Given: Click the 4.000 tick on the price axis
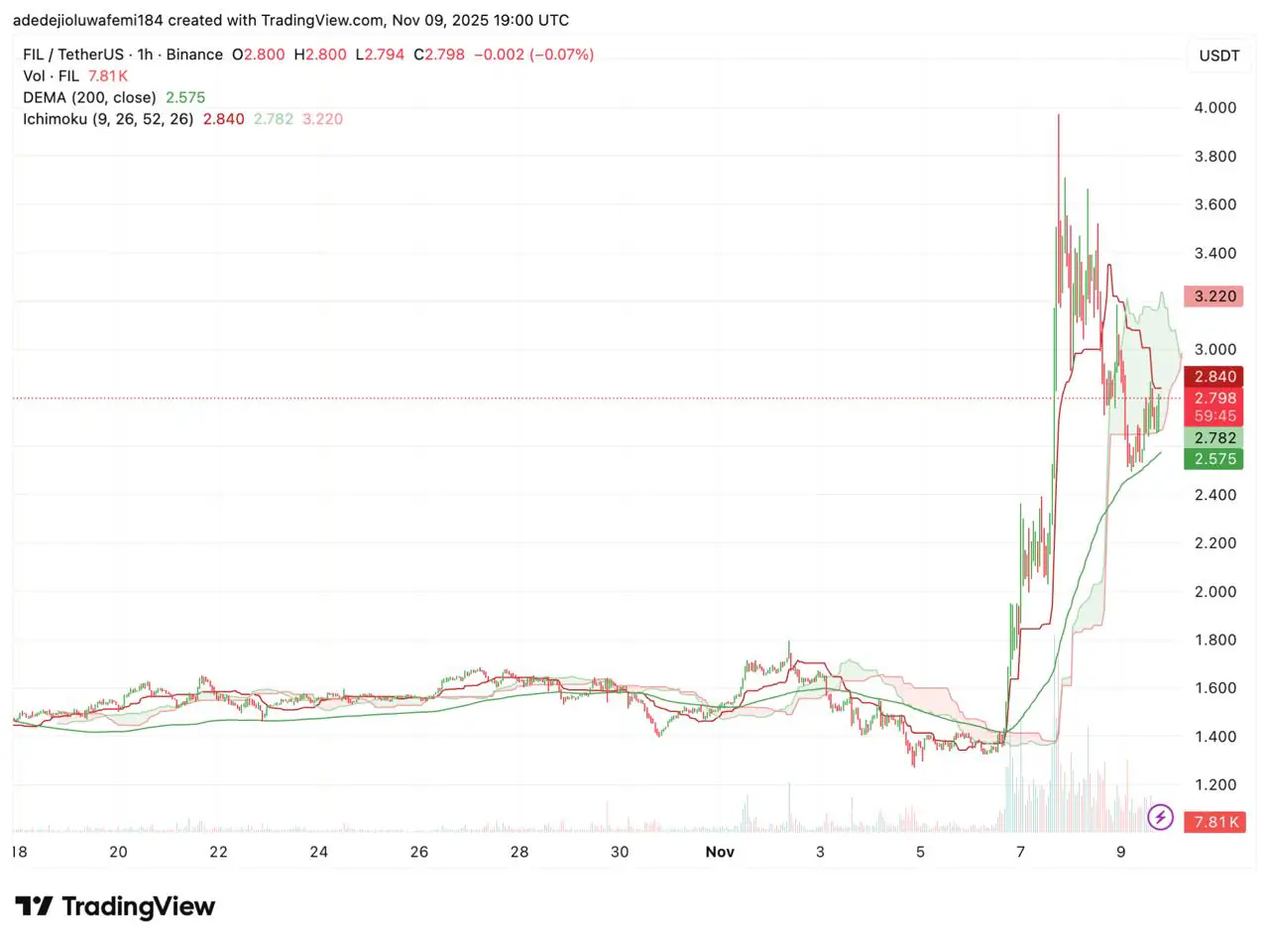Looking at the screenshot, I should tap(1214, 108).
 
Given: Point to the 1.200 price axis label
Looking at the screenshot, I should tap(1214, 784).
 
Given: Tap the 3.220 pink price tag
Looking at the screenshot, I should tap(1214, 296).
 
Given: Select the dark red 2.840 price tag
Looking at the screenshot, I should tap(1214, 377).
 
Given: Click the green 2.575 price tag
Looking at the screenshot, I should tap(1214, 459).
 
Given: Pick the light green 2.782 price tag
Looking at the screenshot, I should tap(1214, 437).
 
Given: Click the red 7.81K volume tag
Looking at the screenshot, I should tap(1216, 822).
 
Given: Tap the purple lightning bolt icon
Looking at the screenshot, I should tap(1160, 818).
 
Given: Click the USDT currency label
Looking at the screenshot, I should tap(1218, 56).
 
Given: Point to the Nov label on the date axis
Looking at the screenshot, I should tap(720, 852).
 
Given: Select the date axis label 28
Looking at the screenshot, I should tap(519, 852).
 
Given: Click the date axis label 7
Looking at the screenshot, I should tap(1020, 852).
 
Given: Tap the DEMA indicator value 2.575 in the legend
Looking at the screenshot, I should tap(185, 97).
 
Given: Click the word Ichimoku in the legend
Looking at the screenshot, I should tap(55, 119).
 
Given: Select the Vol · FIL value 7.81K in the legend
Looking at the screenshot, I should tap(108, 76).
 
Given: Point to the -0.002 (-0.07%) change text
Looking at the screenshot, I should tap(533, 55).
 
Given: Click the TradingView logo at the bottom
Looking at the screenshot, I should tap(115, 906).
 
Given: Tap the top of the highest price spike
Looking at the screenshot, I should tap(1058, 117).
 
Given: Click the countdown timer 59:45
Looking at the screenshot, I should tap(1214, 416).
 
